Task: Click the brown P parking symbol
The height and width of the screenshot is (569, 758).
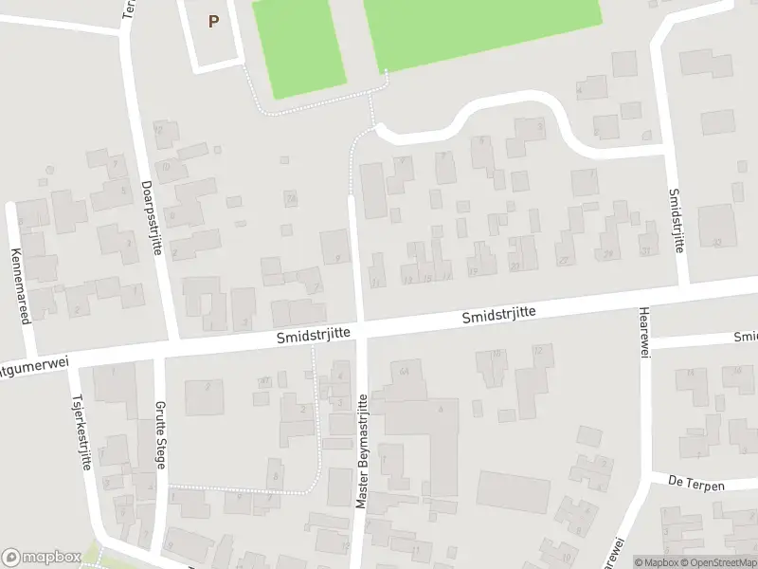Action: [213, 21]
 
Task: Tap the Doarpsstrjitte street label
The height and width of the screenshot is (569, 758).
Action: [152, 217]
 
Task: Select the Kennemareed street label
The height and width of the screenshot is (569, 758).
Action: [18, 285]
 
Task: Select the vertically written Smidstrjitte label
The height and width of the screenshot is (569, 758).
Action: [676, 219]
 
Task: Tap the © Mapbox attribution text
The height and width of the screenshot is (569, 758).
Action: [659, 562]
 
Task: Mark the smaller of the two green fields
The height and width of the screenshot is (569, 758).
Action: [300, 47]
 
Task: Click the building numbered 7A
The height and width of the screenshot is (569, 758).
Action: [291, 198]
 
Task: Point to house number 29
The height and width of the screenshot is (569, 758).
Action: [607, 254]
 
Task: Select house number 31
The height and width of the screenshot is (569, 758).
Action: [645, 251]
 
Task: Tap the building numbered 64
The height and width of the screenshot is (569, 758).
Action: [405, 369]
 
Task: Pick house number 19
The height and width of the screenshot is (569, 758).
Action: [473, 271]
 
